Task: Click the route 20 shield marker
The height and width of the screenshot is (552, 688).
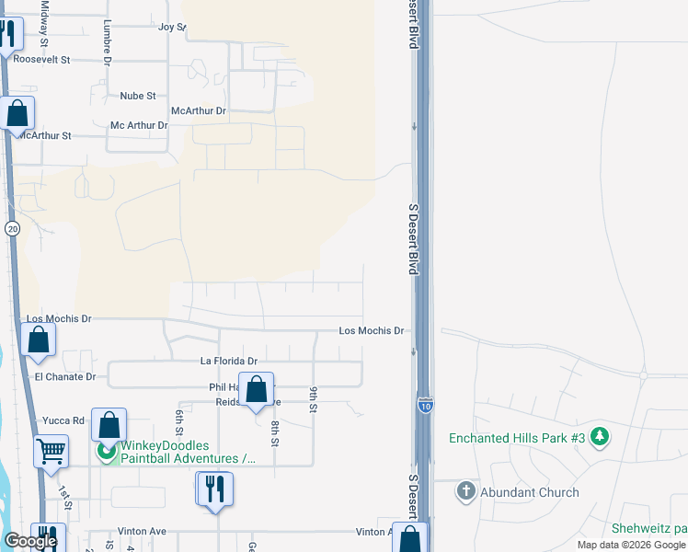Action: tap(12, 228)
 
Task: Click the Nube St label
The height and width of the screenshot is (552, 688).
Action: tap(138, 96)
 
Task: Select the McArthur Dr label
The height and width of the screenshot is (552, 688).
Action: tap(199, 110)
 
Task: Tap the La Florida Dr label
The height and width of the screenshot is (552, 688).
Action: tap(228, 362)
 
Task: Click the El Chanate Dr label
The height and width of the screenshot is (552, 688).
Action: tap(64, 377)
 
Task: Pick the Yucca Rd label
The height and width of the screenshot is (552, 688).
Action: tap(63, 420)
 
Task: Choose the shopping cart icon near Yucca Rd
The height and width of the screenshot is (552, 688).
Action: tap(52, 451)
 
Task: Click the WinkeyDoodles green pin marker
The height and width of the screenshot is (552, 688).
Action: tap(109, 452)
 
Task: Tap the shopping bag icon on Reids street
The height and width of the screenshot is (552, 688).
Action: tap(257, 389)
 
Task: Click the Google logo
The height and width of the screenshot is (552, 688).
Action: tap(30, 541)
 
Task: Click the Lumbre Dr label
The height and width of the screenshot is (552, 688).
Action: tap(108, 42)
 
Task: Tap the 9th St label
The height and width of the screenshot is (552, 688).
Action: tap(314, 399)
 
